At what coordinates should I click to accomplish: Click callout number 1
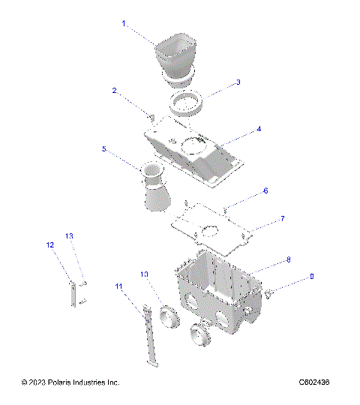tap(124, 24)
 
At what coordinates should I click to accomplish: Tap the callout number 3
tap(238, 82)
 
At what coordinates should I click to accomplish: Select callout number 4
tap(259, 129)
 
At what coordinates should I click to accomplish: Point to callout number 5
tap(104, 148)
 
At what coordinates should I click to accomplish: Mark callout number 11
tap(118, 286)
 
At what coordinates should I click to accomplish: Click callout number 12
tap(50, 245)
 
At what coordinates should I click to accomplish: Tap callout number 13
tap(69, 235)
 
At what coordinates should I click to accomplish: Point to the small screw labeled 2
tap(151, 116)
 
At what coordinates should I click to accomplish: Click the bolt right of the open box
tap(271, 292)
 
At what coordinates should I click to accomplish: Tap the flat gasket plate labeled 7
tap(210, 231)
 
